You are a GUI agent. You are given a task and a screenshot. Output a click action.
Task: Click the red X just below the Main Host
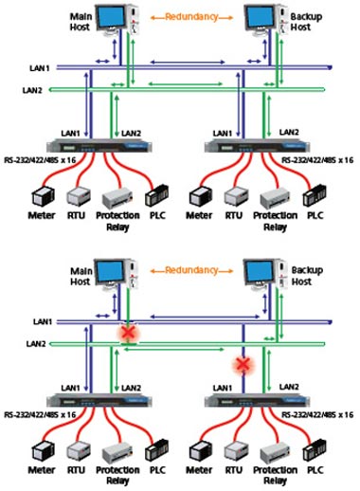coord(129,333)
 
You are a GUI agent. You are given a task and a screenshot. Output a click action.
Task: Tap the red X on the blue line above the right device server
coord(243,364)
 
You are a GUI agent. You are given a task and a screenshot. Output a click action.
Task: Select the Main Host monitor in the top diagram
coord(111,19)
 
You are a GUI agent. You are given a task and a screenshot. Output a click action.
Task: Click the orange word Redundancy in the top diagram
coord(191,17)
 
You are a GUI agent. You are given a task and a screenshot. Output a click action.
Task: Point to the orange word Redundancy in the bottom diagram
coord(191,270)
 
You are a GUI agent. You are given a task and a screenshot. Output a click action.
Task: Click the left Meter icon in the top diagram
coord(43,196)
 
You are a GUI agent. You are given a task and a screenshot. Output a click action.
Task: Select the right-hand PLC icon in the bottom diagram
coord(315,450)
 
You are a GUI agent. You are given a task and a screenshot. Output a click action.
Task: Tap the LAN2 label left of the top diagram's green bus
coord(32,90)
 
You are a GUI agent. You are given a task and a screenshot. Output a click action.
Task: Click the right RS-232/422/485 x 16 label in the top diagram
coord(317,160)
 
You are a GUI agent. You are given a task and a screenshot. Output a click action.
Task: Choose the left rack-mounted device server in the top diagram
coord(99,146)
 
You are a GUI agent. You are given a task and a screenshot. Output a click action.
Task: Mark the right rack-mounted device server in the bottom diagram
coord(257,401)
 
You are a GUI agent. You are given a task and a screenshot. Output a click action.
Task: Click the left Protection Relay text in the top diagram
coord(117,221)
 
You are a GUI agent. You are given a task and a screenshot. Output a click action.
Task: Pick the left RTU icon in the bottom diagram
coord(79,452)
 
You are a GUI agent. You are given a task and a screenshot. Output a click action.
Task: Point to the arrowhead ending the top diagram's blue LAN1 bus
coord(331,67)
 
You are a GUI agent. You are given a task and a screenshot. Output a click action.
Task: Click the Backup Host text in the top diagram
coord(305,22)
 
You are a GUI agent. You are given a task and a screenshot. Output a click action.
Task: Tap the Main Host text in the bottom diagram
coord(81,276)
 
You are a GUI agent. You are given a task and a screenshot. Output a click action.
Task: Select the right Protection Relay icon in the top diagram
coord(275,198)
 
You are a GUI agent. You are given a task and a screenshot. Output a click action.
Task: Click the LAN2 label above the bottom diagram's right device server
coord(289,387)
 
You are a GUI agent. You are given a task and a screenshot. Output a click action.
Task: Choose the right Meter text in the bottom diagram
coord(199,470)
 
